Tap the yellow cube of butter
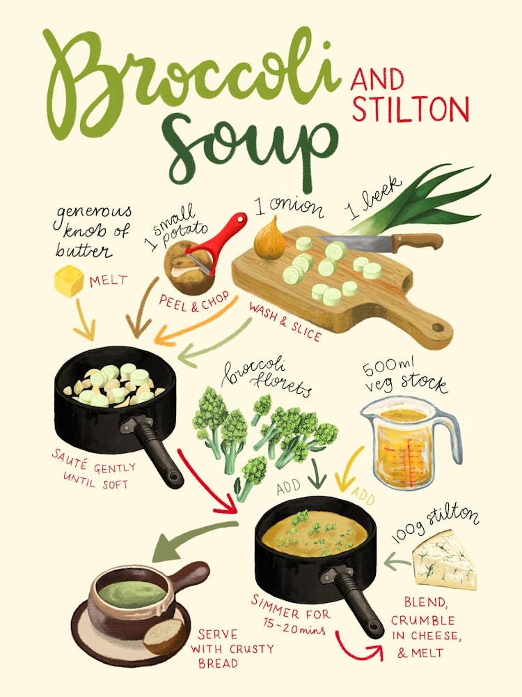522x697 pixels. tap(70, 282)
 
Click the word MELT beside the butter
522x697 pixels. tap(109, 281)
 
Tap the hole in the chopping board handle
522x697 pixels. tap(437, 326)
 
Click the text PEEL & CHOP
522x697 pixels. tap(195, 304)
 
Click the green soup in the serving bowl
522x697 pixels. tap(131, 592)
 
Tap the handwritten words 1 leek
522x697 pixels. tap(373, 198)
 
